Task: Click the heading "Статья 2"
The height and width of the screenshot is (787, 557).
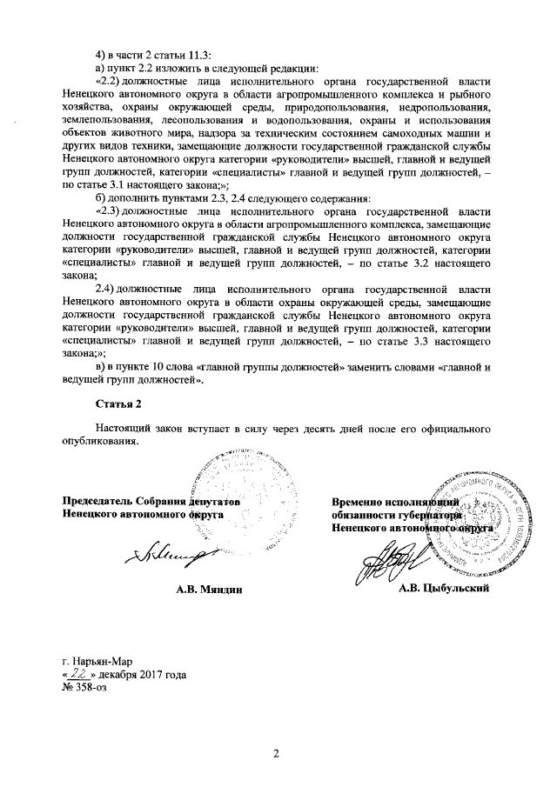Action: pos(117,404)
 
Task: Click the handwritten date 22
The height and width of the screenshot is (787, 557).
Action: pos(80,673)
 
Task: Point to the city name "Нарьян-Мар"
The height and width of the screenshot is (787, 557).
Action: pos(104,660)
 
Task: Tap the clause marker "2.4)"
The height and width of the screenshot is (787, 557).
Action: pos(108,288)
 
